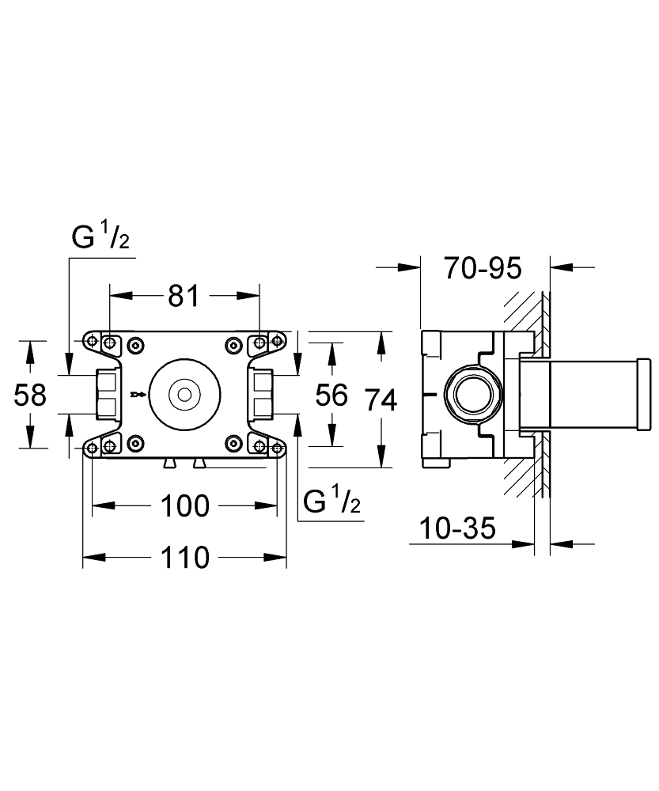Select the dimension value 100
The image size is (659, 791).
tap(185, 505)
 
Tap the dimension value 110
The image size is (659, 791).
tap(185, 558)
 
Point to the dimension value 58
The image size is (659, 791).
tap(31, 394)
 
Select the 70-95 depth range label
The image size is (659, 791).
tap(483, 269)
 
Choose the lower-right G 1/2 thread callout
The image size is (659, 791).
tap(332, 501)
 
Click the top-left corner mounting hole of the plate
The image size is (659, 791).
tap(93, 342)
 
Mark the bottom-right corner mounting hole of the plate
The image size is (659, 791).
tap(278, 448)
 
